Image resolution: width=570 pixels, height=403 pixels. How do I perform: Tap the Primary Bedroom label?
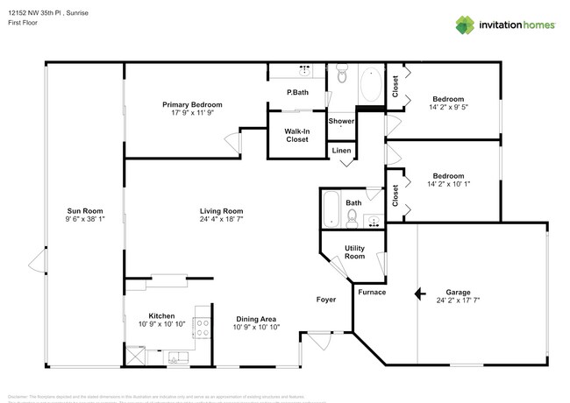pos(191,104)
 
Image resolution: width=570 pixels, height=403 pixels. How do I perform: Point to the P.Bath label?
pos(297,93)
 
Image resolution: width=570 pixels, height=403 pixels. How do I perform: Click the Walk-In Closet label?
pos(296,135)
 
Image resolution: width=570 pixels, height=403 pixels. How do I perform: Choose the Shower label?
pos(341,121)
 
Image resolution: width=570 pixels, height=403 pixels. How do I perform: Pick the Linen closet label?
pos(342,152)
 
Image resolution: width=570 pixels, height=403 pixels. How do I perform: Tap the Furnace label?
pos(372,292)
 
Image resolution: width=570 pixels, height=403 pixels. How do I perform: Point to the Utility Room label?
pos(354,252)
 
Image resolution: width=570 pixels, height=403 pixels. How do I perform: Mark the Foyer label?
pos(326,300)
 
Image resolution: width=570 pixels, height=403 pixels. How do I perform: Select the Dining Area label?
pos(256,318)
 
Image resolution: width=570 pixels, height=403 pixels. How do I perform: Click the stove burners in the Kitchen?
pos(201,329)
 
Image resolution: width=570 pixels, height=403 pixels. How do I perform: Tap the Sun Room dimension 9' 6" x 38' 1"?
pos(86,219)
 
